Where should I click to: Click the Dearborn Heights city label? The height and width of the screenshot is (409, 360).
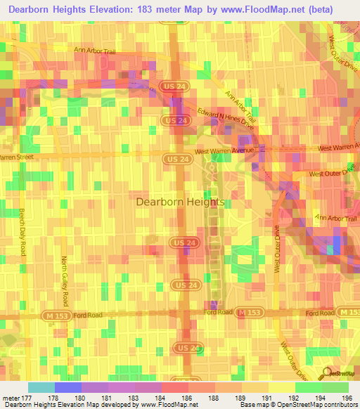179,202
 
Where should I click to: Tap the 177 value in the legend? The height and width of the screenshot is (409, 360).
22,398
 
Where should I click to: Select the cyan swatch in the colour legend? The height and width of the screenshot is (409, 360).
41,387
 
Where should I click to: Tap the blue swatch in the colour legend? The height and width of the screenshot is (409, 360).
68,387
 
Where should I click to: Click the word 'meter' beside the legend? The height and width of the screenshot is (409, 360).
8,398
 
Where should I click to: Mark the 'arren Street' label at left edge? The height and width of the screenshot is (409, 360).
17,157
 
